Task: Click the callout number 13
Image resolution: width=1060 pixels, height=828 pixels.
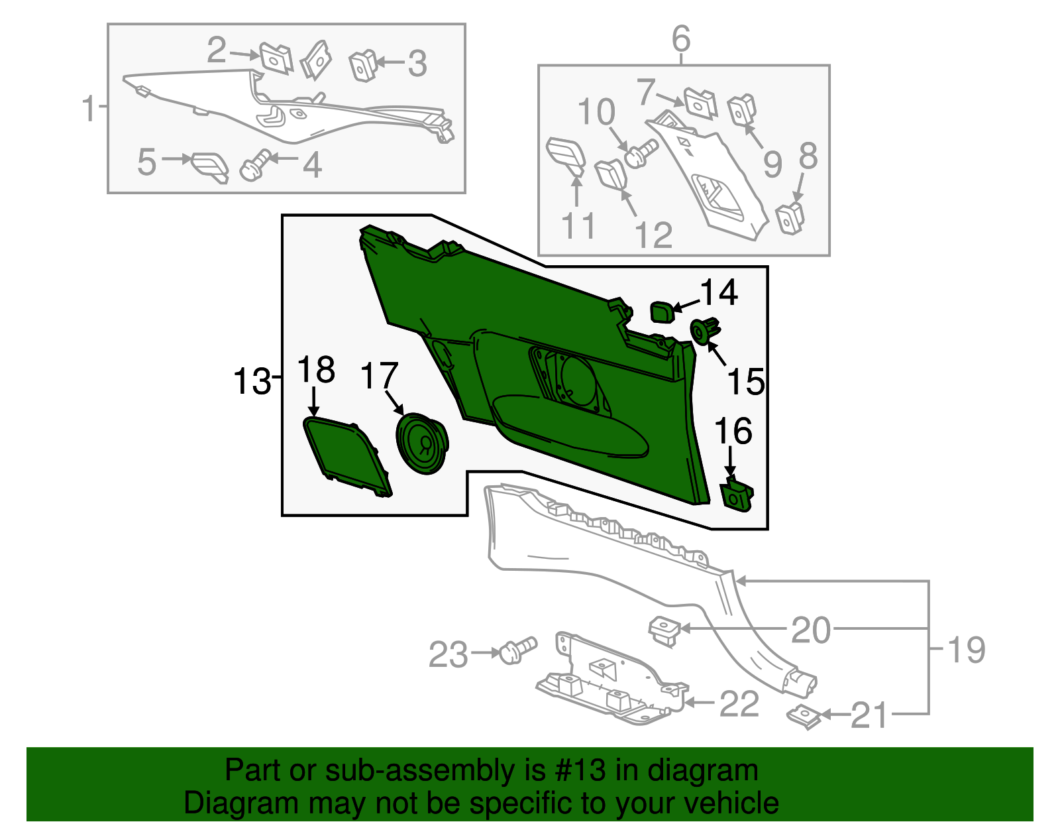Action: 252,383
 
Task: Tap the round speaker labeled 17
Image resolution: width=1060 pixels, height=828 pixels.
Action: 422,444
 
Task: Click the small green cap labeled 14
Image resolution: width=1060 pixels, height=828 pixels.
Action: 661,311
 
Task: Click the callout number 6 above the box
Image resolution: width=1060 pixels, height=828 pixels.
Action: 681,39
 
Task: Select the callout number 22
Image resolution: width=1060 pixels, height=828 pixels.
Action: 739,703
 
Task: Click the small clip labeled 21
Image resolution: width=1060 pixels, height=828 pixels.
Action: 804,717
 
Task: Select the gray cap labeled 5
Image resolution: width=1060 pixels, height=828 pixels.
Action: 210,166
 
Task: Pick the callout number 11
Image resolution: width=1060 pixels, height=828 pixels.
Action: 578,226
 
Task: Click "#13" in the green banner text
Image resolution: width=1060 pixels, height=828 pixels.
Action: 586,770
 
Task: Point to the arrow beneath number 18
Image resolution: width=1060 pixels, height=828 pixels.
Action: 315,402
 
